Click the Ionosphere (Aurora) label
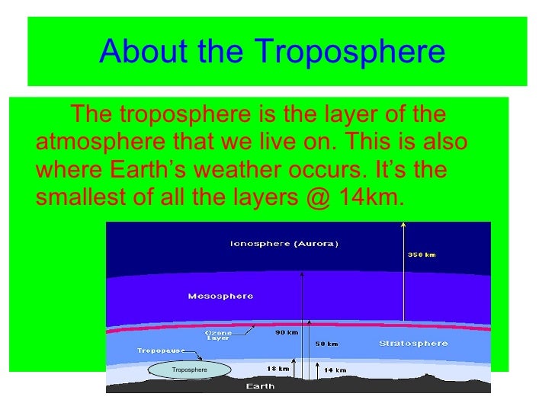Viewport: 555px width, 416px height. click(x=284, y=244)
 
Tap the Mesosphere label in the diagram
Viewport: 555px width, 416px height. click(x=220, y=296)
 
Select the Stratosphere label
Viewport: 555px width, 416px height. click(x=413, y=344)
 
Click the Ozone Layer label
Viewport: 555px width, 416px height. click(x=218, y=335)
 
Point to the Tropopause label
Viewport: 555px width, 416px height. click(x=161, y=351)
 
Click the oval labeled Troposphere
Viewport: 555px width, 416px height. click(x=189, y=370)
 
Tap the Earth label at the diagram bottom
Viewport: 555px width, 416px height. click(x=261, y=386)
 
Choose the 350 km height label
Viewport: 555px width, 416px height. click(x=422, y=255)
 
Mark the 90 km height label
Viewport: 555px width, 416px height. click(x=285, y=332)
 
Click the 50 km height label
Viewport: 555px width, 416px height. click(x=326, y=344)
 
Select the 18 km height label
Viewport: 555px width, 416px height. click(x=277, y=369)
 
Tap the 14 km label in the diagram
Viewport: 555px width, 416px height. click(x=335, y=370)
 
